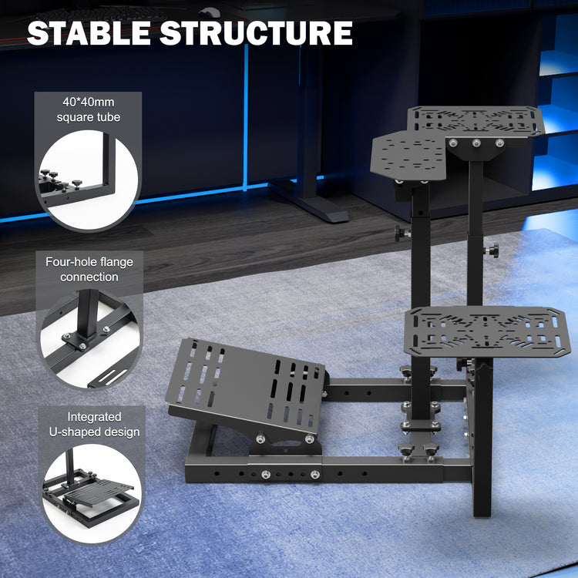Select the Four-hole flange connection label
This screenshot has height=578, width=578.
89,269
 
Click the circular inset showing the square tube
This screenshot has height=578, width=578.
87,181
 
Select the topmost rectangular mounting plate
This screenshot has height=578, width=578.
476,121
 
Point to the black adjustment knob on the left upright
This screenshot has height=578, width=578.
400,232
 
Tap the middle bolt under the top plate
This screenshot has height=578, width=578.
476,143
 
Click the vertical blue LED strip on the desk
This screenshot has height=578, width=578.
247,116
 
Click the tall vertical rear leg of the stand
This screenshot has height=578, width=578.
482,447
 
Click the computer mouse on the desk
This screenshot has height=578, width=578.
206,11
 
